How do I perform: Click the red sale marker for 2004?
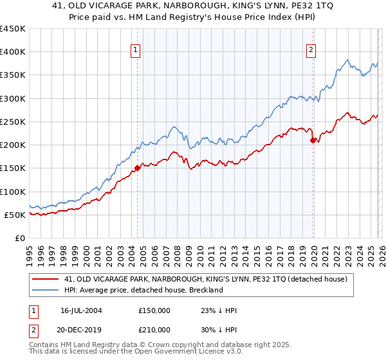[137, 168]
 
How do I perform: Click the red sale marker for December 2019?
[313, 140]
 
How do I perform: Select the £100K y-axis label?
[13, 192]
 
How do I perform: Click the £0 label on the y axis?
[21, 238]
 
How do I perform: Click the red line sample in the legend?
[47, 279]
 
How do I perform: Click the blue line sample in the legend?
[47, 290]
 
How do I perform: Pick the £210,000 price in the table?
[154, 329]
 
